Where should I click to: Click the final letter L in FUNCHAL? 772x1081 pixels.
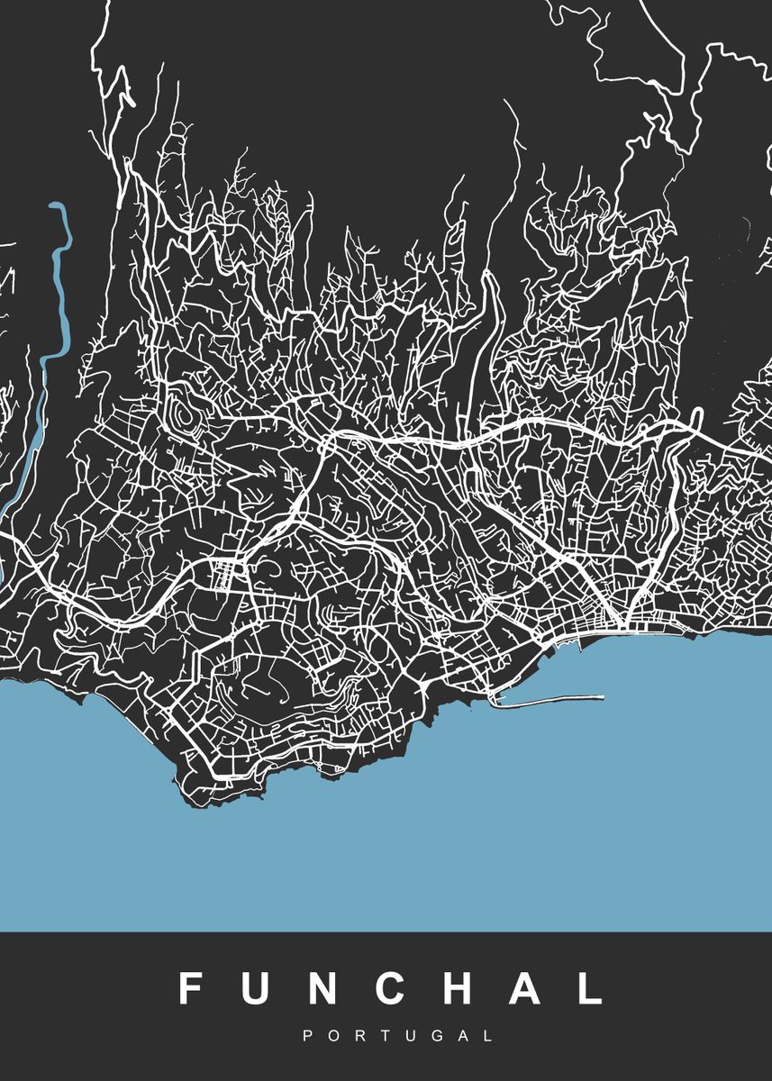click(590, 988)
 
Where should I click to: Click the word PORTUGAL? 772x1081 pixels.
click(397, 1037)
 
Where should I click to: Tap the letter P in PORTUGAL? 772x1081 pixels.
click(307, 1037)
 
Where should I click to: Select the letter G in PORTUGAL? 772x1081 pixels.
click(437, 1037)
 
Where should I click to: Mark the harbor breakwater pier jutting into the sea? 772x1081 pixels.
click(549, 699)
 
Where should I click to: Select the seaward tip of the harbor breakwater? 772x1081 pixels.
click(601, 695)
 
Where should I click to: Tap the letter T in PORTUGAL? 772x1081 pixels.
click(385, 1037)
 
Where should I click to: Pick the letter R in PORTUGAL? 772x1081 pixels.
click(359, 1037)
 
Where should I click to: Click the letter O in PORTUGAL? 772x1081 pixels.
click(332, 1037)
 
